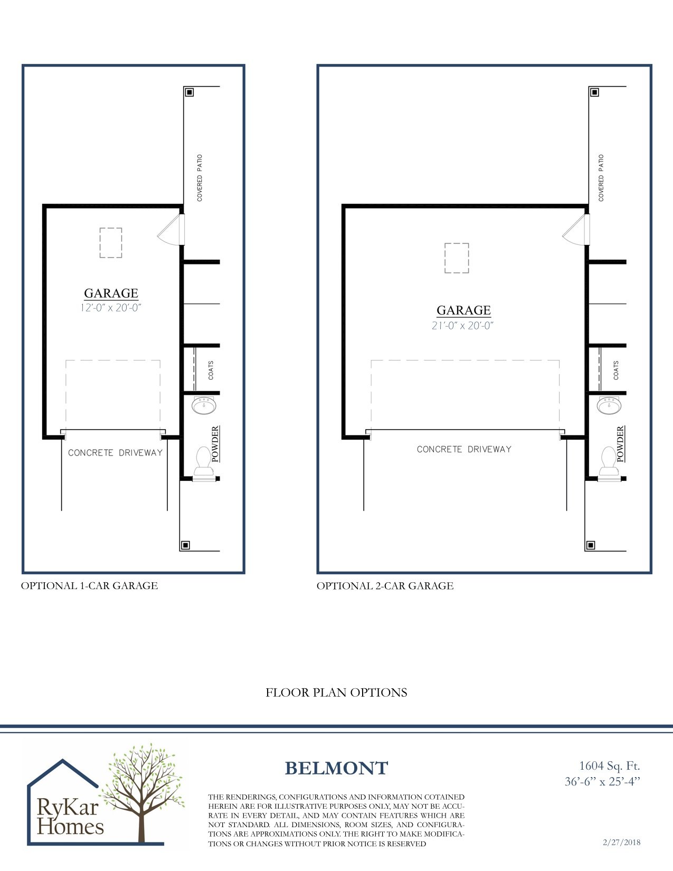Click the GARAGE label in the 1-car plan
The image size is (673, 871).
click(x=111, y=294)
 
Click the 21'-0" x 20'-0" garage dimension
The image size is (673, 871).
click(x=463, y=326)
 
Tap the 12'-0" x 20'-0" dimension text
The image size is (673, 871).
click(x=111, y=308)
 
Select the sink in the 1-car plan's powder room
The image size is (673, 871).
click(x=204, y=406)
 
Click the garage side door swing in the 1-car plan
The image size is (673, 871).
click(x=170, y=232)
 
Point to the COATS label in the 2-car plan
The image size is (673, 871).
click(x=616, y=370)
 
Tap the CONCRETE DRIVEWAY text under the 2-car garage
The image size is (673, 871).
click(x=464, y=449)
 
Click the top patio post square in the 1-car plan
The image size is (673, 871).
click(x=189, y=92)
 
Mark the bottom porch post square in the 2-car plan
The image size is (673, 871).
click(x=591, y=545)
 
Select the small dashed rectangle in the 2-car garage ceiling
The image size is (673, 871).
click(x=457, y=258)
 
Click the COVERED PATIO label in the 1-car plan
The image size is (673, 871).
click(x=200, y=178)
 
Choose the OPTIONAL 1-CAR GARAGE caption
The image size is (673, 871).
click(x=89, y=585)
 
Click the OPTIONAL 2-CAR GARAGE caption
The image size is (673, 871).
click(x=385, y=585)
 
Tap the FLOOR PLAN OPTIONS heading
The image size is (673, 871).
click(x=336, y=693)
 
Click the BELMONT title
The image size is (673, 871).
click(x=336, y=768)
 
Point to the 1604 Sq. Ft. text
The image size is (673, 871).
click(x=609, y=765)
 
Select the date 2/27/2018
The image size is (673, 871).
click(x=621, y=842)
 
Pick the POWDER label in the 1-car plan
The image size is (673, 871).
click(x=215, y=444)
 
